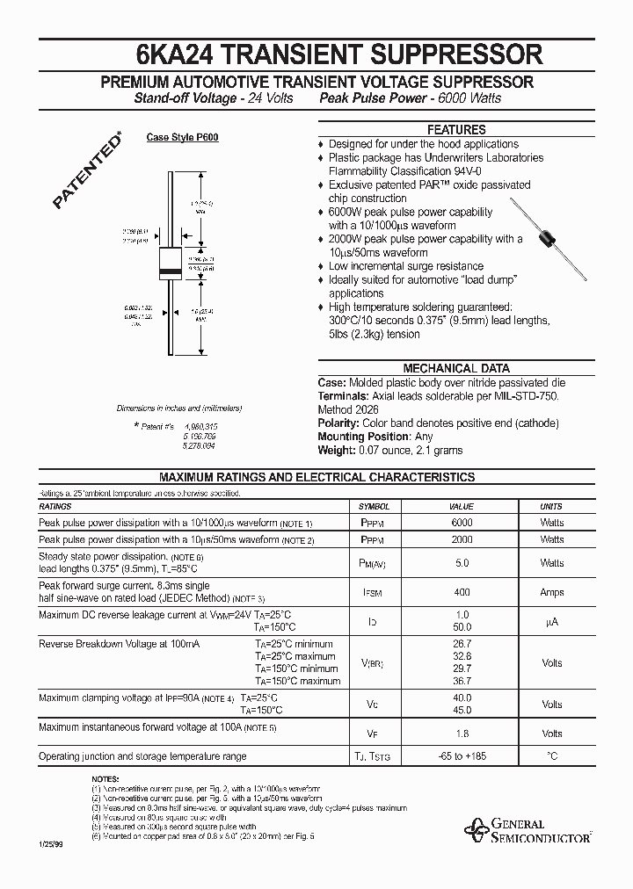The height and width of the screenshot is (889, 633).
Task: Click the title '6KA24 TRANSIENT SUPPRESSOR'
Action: pos(316,55)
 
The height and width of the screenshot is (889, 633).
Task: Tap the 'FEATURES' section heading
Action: pos(455,129)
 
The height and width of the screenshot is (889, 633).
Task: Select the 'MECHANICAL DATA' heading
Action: pos(455,369)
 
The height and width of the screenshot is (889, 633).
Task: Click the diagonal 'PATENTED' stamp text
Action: pos(86,172)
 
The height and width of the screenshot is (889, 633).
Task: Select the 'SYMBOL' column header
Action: pos(374,507)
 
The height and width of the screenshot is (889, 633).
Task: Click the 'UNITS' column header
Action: pos(551,507)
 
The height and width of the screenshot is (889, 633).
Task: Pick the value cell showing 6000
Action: pos(462,523)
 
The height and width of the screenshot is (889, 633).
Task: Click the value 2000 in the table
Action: pos(462,539)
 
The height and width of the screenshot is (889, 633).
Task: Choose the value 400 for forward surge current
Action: pos(462,592)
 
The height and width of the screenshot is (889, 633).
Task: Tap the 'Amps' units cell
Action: pos(551,592)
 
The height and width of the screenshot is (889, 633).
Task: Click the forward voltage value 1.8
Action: pos(462,734)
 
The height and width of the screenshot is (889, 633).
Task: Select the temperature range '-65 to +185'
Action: pos(462,756)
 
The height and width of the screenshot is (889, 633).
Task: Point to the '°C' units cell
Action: pos(551,756)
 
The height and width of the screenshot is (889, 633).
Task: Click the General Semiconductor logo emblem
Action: pos(477,828)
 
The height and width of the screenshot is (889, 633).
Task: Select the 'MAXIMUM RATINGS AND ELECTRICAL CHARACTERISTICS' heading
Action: pos(316,478)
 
